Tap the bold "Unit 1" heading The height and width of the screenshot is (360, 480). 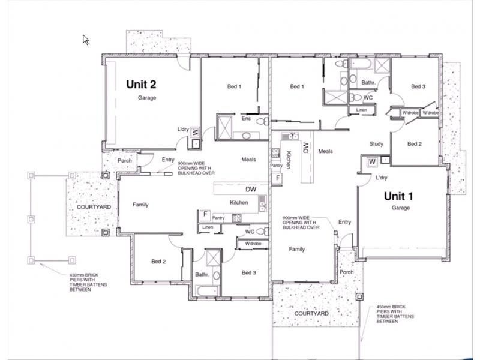pyautogui.click(x=398, y=196)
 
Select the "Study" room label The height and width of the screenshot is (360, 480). pyautogui.click(x=376, y=144)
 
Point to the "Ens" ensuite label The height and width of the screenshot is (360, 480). pyautogui.click(x=246, y=118)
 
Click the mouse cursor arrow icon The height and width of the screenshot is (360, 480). pyautogui.click(x=86, y=40)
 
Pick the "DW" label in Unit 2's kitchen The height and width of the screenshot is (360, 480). pyautogui.click(x=251, y=190)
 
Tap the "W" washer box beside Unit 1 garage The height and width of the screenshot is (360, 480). pyautogui.click(x=372, y=161)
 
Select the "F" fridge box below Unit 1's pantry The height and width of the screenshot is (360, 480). pyautogui.click(x=277, y=178)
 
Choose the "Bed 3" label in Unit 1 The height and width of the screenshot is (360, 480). pyautogui.click(x=418, y=87)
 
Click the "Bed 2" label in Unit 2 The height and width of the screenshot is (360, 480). pyautogui.click(x=158, y=262)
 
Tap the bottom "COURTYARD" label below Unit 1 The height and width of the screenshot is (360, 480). pyautogui.click(x=311, y=314)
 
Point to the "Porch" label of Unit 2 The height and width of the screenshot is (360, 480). pyautogui.click(x=125, y=161)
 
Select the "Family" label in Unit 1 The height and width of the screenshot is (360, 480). pyautogui.click(x=296, y=249)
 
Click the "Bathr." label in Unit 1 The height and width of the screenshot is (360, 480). pyautogui.click(x=368, y=82)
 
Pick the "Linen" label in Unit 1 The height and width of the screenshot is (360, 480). pyautogui.click(x=361, y=110)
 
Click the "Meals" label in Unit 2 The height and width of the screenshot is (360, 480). pyautogui.click(x=248, y=160)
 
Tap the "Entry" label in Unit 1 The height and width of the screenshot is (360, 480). pyautogui.click(x=344, y=222)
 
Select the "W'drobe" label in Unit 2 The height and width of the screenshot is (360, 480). pyautogui.click(x=253, y=244)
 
